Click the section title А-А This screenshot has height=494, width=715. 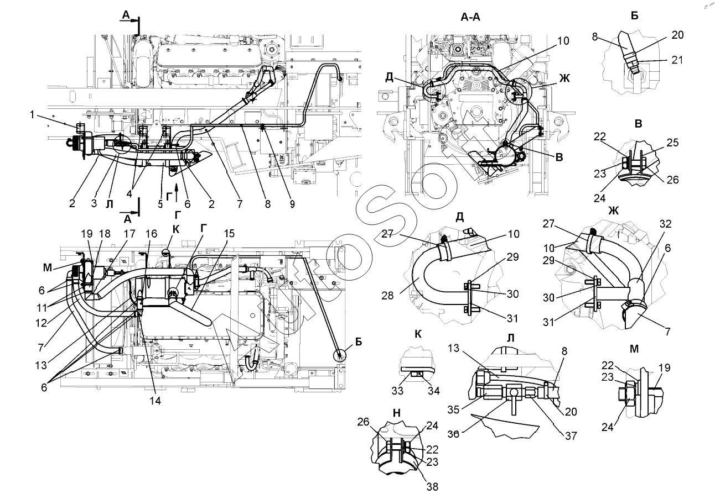tap(470, 17)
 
